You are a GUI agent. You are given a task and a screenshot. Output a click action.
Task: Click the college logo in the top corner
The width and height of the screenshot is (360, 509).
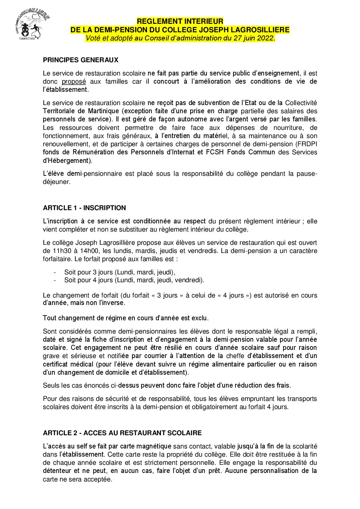pyautogui.click(x=32, y=24)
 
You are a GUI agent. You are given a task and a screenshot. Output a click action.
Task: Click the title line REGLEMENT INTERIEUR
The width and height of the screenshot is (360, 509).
pyautogui.click(x=180, y=21)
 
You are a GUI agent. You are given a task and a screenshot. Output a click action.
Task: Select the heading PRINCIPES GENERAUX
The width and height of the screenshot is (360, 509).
pyautogui.click(x=81, y=60)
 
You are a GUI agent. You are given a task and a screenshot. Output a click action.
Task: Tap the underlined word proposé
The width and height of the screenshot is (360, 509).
pyautogui.click(x=73, y=82)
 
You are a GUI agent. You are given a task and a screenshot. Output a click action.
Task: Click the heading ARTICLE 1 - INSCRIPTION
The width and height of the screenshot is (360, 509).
pyautogui.click(x=84, y=208)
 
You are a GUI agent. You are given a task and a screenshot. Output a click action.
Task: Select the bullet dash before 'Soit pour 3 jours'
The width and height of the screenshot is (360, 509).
pyautogui.click(x=55, y=272)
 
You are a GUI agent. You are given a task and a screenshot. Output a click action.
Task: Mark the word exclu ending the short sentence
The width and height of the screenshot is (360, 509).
pyautogui.click(x=199, y=318)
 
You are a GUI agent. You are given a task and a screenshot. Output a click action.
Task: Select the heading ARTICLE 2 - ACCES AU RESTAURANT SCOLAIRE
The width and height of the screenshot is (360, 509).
pyautogui.click(x=122, y=433)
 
